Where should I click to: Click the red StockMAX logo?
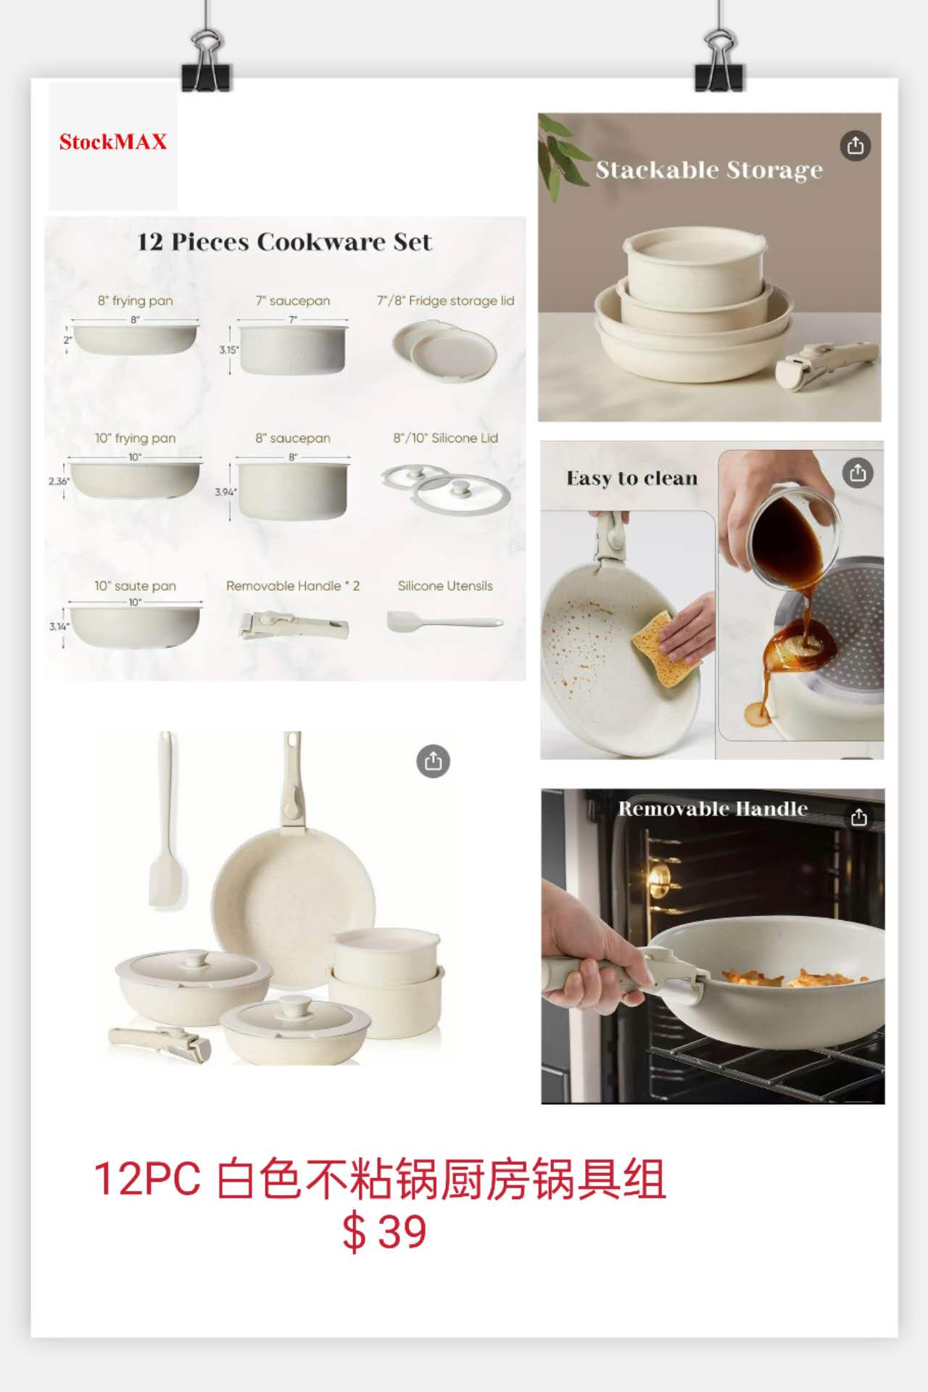point(113,141)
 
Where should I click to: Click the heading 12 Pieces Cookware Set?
point(284,241)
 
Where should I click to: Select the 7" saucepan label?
point(293,300)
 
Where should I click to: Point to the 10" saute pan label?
point(135,586)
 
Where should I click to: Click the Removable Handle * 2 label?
point(293,586)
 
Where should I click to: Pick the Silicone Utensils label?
point(445,586)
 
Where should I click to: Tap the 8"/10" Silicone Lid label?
point(445,438)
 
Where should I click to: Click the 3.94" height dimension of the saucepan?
point(225,492)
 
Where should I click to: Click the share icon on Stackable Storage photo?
point(855,146)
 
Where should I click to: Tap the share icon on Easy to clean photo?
point(858,473)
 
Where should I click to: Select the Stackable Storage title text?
point(709,170)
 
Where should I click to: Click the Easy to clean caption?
point(631,478)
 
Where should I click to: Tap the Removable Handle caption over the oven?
point(713,808)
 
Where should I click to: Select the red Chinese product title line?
point(380,1179)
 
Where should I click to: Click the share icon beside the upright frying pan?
point(433,761)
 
